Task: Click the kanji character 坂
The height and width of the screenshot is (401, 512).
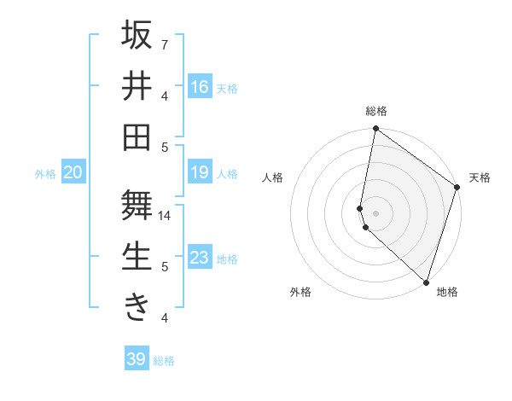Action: [137, 37]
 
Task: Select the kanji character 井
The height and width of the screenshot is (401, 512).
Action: [137, 87]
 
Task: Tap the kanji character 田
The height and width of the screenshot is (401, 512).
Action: [137, 137]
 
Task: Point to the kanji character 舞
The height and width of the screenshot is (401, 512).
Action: [137, 205]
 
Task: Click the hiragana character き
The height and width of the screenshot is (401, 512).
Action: [137, 306]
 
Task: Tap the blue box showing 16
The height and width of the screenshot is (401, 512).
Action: [200, 86]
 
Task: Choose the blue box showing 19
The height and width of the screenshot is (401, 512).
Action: [200, 172]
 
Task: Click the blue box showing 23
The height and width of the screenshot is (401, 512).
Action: [200, 257]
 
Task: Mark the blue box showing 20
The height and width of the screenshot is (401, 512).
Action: [73, 172]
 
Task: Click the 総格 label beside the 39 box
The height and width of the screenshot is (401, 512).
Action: [164, 361]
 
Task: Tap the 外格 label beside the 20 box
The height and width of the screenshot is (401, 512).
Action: [45, 174]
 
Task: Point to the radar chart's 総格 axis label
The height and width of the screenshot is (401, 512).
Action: [376, 111]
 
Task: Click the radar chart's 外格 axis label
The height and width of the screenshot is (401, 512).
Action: [300, 292]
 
